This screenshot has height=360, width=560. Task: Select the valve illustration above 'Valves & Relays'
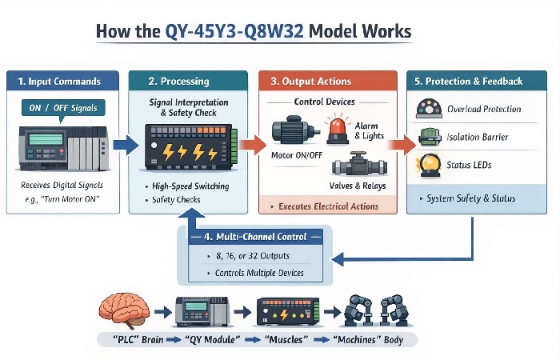pos(352,168)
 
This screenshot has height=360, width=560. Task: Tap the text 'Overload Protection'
pos(485,109)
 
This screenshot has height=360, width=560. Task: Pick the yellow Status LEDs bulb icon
pos(429,165)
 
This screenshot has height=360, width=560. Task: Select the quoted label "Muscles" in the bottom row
pos(287,341)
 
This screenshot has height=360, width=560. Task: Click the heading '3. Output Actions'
pos(309,82)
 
